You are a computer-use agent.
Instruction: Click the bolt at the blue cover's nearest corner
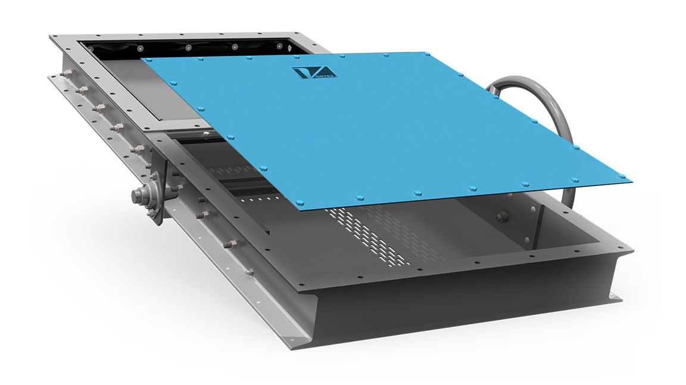[300, 203]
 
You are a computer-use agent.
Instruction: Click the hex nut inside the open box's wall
[501, 216]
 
